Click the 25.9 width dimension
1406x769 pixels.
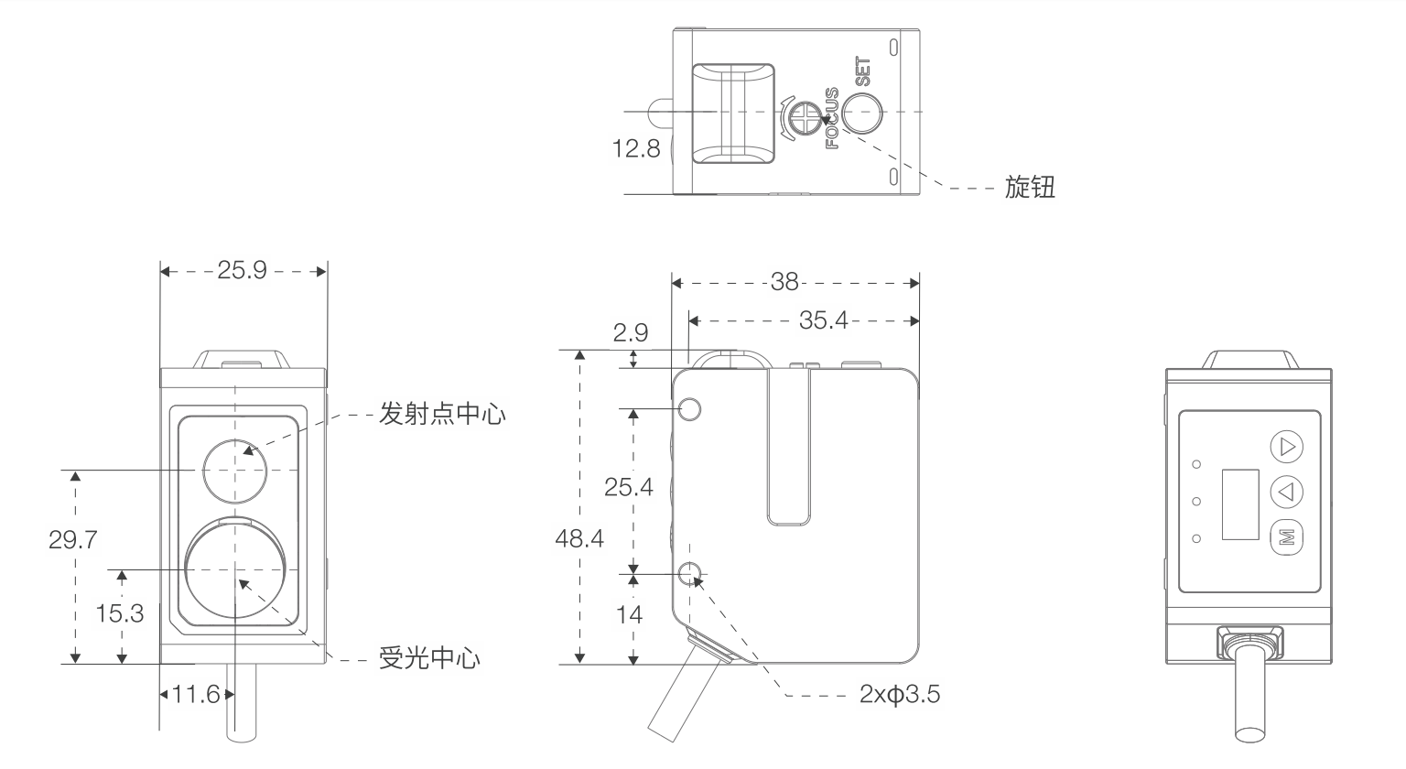pyautogui.click(x=242, y=271)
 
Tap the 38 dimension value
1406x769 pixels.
pyautogui.click(x=784, y=282)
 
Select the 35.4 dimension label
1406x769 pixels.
pyautogui.click(x=824, y=320)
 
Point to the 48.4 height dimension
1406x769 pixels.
pyautogui.click(x=579, y=538)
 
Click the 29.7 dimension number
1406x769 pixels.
pyautogui.click(x=73, y=539)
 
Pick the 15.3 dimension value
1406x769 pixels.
pyautogui.click(x=120, y=613)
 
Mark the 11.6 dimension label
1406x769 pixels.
pyautogui.click(x=196, y=695)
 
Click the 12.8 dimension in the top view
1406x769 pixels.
pyautogui.click(x=636, y=148)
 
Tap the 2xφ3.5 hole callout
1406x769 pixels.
pyautogui.click(x=900, y=695)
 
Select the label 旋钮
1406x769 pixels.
pyautogui.click(x=1030, y=189)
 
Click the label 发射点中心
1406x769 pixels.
pyautogui.click(x=442, y=415)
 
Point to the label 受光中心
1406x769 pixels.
pyautogui.click(x=429, y=658)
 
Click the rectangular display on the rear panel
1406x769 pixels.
pyautogui.click(x=1240, y=504)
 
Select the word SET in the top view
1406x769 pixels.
pyautogui.click(x=862, y=73)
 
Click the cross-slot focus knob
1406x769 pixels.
pyautogui.click(x=806, y=115)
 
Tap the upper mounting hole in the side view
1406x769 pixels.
pyautogui.click(x=690, y=408)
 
